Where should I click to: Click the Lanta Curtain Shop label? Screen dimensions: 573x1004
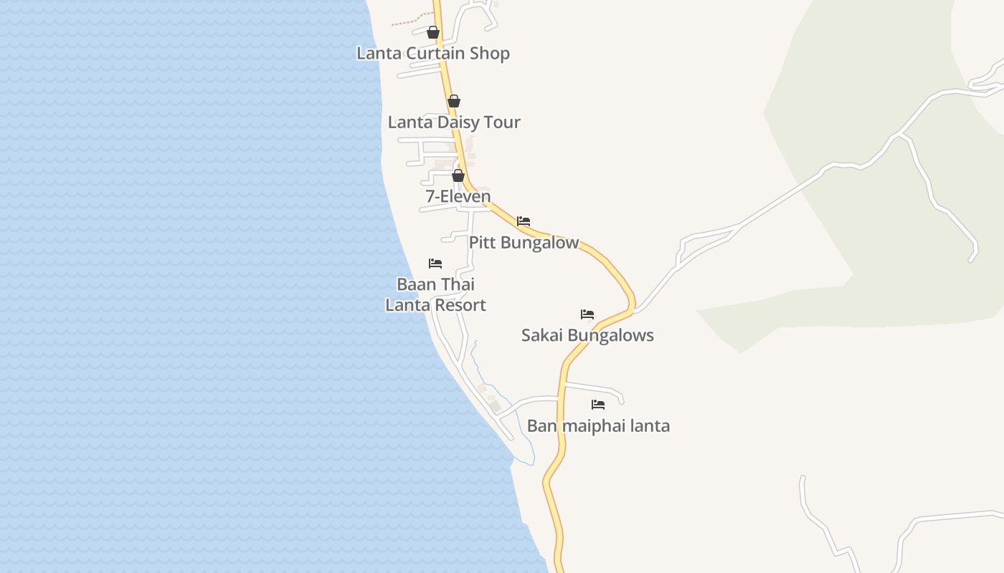[433, 54]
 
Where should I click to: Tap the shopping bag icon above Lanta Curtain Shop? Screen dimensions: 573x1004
[433, 32]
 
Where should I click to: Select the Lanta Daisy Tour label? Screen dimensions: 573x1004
[454, 122]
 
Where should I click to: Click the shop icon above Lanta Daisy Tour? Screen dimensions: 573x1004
[454, 101]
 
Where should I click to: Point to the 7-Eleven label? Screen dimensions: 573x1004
[458, 196]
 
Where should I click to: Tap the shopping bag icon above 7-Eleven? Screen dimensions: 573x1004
[458, 175]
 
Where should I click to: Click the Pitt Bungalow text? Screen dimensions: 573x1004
[524, 243]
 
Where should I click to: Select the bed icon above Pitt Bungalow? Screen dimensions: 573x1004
[524, 221]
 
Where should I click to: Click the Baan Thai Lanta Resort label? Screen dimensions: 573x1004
[435, 295]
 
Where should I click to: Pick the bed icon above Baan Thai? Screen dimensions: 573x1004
[435, 264]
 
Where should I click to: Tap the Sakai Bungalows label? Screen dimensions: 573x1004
[587, 335]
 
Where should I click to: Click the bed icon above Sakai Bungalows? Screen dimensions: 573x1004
[587, 314]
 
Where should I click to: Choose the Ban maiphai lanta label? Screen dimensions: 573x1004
[598, 426]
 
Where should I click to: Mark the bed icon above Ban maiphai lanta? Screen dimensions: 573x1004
[598, 405]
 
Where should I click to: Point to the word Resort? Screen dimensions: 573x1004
[460, 305]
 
